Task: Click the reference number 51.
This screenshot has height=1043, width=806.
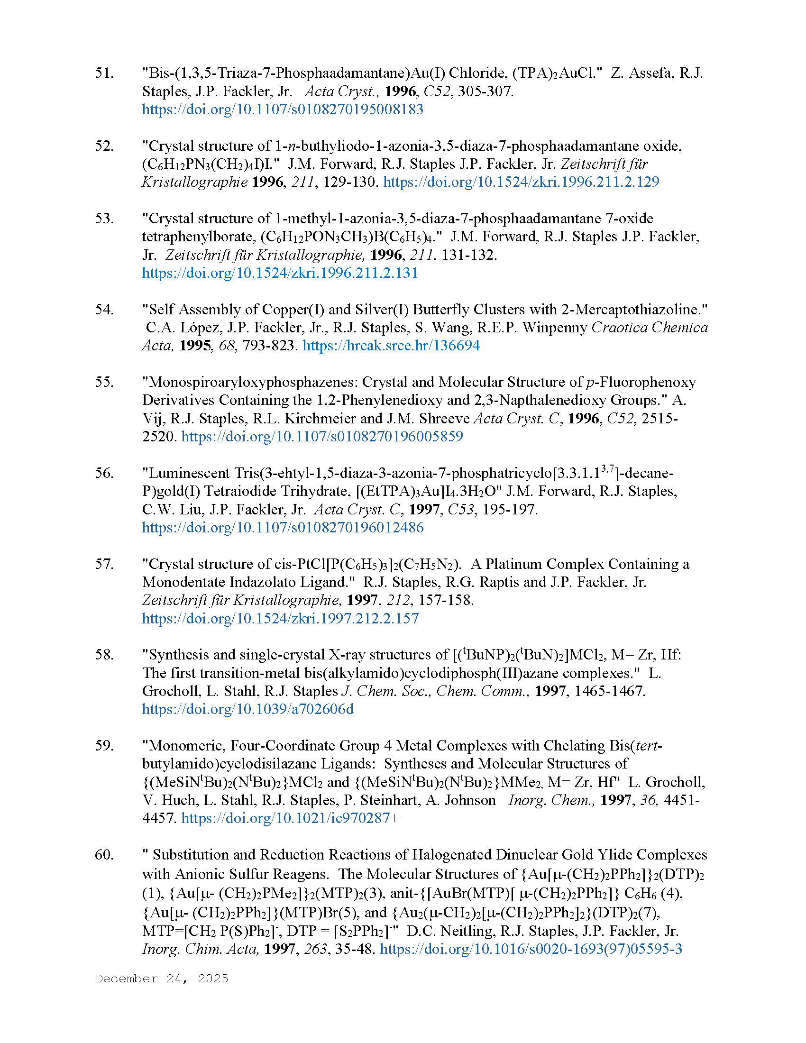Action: [x=104, y=73]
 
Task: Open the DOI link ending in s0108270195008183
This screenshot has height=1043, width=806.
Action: [x=283, y=110]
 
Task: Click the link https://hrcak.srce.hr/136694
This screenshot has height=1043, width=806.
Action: [x=391, y=345]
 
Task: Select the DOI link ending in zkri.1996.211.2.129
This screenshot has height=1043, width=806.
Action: [x=521, y=182]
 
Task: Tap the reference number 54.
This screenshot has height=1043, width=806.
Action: [x=104, y=310]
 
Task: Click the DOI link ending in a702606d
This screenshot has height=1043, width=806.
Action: [x=248, y=709]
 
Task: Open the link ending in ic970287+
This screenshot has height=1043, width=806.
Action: [x=290, y=818]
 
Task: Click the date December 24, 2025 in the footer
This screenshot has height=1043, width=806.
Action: [x=161, y=979]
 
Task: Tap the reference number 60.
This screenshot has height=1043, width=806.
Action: [x=104, y=854]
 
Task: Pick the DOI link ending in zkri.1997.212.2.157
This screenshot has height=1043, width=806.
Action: [x=280, y=618]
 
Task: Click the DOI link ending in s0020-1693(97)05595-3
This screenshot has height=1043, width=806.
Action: [x=531, y=949]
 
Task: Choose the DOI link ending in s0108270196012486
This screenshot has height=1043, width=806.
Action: [x=283, y=528]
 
